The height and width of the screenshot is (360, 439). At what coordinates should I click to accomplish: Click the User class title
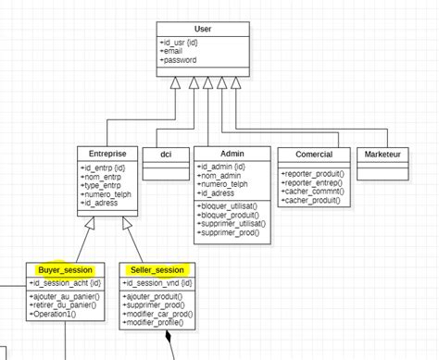pyautogui.click(x=202, y=30)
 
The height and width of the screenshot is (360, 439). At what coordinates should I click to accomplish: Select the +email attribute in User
pyautogui.click(x=173, y=51)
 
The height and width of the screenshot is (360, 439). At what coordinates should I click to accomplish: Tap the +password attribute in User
pyautogui.click(x=180, y=59)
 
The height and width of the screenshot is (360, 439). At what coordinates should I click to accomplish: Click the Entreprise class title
pyautogui.click(x=107, y=153)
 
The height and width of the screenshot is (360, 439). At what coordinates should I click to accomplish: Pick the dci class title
pyautogui.click(x=166, y=153)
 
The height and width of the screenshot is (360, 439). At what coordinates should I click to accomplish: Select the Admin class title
pyautogui.click(x=232, y=153)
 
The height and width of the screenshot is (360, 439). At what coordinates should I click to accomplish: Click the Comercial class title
pyautogui.click(x=313, y=153)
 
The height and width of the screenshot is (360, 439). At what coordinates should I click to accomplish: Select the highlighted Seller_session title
pyautogui.click(x=157, y=269)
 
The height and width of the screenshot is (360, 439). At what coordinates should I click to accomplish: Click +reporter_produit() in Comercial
pyautogui.click(x=312, y=174)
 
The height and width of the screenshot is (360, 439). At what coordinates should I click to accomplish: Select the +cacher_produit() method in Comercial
pyautogui.click(x=310, y=199)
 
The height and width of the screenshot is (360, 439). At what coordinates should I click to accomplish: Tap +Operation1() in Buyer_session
pyautogui.click(x=53, y=315)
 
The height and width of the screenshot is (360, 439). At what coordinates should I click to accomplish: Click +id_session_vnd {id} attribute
pyautogui.click(x=157, y=282)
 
